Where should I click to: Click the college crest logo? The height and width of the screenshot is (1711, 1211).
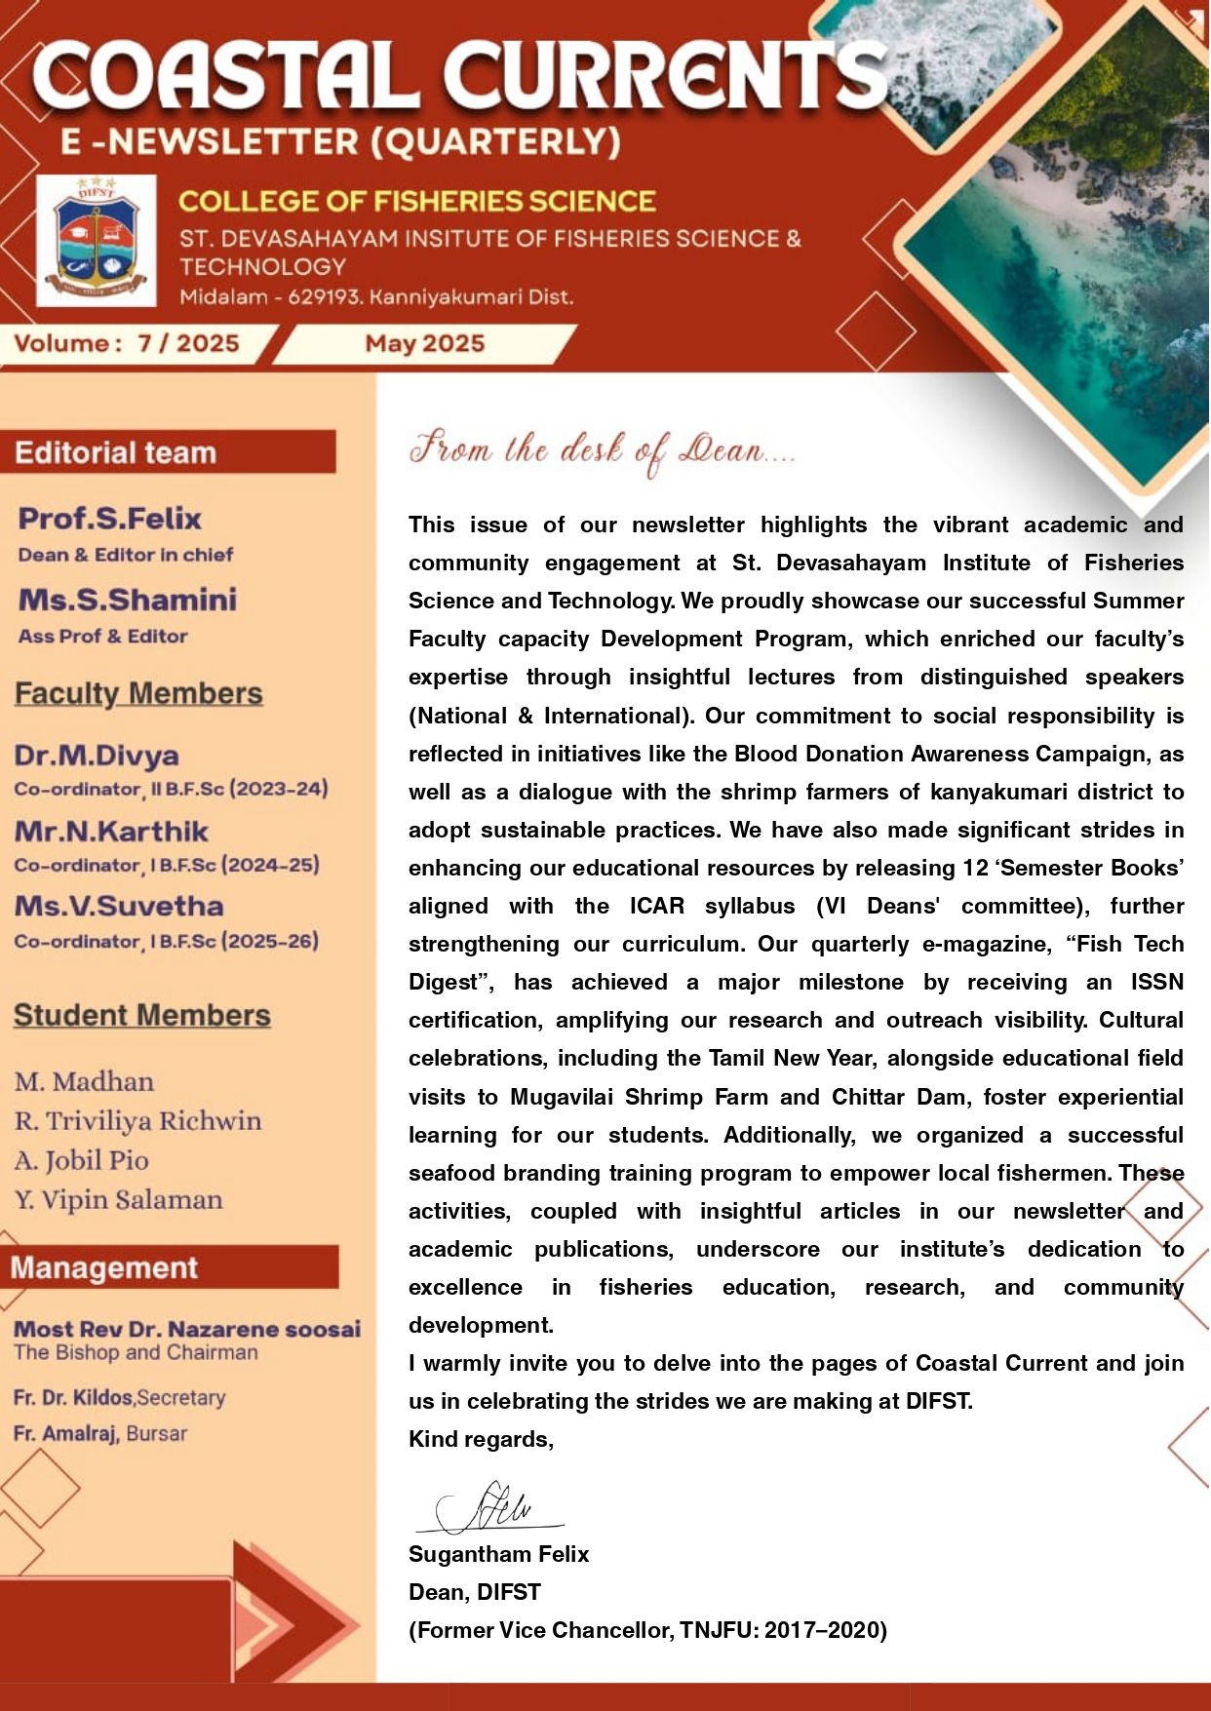[96, 241]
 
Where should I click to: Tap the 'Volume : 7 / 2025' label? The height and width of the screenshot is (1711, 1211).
[127, 343]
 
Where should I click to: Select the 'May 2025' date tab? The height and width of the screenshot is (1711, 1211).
[424, 343]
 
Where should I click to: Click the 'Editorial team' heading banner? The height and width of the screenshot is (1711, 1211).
[116, 453]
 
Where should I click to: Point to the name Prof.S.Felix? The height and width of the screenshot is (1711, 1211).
[110, 519]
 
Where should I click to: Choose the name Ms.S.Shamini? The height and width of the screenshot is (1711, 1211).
[128, 600]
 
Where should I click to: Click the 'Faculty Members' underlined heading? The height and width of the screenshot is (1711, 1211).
[138, 693]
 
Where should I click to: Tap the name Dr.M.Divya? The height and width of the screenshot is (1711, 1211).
[97, 756]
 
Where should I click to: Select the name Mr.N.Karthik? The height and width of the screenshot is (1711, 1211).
[111, 832]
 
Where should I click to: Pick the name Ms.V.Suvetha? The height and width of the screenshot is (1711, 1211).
[119, 907]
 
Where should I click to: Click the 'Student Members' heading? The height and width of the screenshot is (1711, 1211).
[142, 1015]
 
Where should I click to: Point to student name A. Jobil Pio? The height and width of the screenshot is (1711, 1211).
[82, 1160]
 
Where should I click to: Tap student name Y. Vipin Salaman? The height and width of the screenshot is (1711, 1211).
[119, 1200]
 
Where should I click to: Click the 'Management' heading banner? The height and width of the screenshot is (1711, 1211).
[104, 1267]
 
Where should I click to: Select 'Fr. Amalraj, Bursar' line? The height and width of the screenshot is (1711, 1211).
[100, 1434]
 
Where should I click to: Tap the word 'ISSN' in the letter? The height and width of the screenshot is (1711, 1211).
[1156, 982]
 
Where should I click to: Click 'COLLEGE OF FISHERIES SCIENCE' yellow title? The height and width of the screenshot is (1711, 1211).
[416, 202]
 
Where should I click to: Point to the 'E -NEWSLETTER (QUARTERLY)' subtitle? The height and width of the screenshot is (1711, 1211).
[340, 142]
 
